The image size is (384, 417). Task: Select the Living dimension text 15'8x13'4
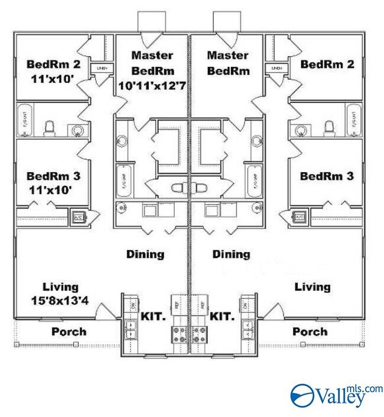click(x=60, y=300)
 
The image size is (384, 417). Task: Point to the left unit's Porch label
click(x=68, y=332)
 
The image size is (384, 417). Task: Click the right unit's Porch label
click(x=310, y=332)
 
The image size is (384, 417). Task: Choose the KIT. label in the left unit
click(x=153, y=316)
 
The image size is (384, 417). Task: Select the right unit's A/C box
click(x=300, y=216)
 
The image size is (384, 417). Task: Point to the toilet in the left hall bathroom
click(x=50, y=127)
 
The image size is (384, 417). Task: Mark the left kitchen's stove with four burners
click(x=179, y=334)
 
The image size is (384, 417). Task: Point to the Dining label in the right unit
click(x=231, y=254)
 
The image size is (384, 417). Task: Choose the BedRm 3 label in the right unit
click(x=327, y=176)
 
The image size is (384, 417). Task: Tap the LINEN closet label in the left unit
click(x=101, y=69)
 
